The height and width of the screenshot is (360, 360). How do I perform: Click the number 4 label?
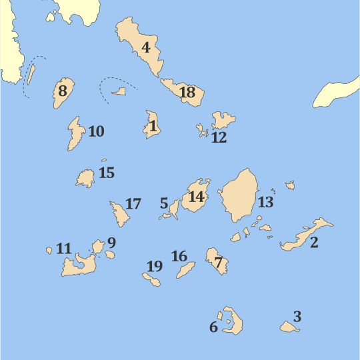(x=146, y=47)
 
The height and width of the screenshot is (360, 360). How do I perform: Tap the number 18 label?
(x=187, y=93)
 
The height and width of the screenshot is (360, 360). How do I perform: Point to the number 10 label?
(x=96, y=131)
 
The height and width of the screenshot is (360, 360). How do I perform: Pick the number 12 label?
(x=219, y=138)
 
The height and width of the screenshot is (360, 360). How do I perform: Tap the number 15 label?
(x=106, y=173)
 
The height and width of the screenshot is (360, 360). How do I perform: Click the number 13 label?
(x=265, y=203)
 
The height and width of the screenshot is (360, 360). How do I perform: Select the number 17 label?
(x=133, y=204)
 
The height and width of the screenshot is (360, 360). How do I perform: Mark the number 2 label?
(x=314, y=242)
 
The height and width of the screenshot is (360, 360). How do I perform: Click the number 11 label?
(x=63, y=249)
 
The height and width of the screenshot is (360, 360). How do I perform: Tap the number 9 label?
(x=111, y=243)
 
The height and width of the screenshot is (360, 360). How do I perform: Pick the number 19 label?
(x=154, y=267)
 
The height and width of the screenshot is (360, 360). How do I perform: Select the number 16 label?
(x=179, y=256)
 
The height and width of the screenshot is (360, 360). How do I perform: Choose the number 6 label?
(x=213, y=327)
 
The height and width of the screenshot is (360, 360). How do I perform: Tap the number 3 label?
(x=297, y=317)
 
